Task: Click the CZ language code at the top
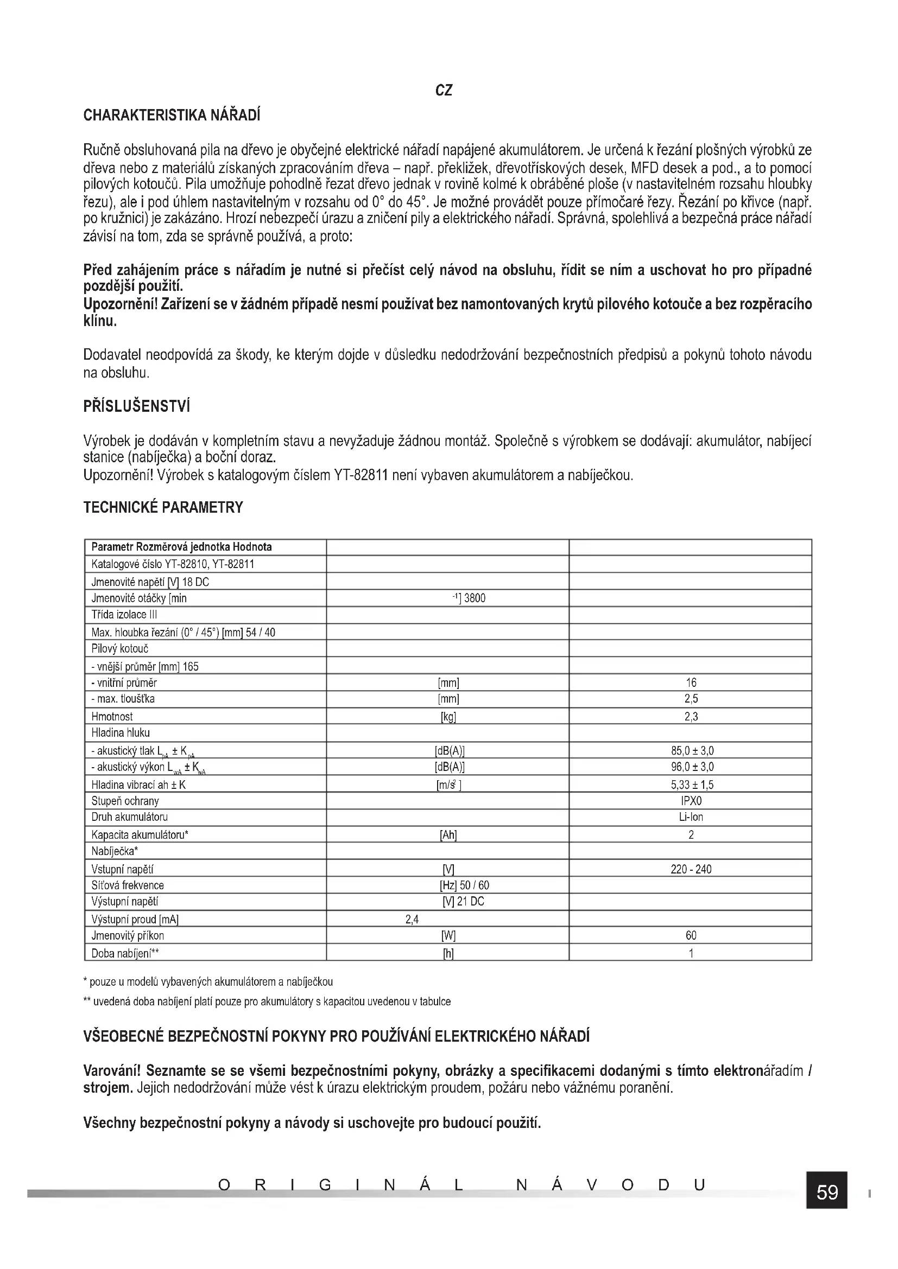[444, 91]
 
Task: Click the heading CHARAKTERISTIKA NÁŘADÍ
[172, 116]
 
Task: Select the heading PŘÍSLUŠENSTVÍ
[137, 407]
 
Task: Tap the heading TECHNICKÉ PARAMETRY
[163, 507]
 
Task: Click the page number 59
[827, 1192]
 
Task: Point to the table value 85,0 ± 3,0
[691, 750]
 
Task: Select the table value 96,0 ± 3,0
[691, 767]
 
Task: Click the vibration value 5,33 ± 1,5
[691, 785]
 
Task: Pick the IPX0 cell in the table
[691, 801]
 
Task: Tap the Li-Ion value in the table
[691, 817]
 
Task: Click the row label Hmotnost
[112, 716]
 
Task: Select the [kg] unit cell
[448, 717]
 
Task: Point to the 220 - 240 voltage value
[691, 869]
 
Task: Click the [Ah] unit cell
[448, 835]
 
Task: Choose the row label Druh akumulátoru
[129, 817]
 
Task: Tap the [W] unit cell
[448, 936]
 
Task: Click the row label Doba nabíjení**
[125, 953]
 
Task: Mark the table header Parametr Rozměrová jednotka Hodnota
[181, 547]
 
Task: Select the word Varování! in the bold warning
[112, 1071]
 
